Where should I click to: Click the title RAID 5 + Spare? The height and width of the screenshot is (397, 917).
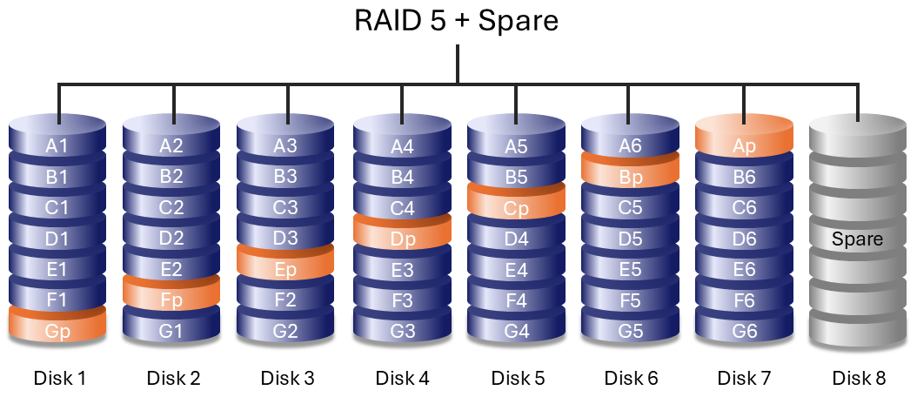[x=457, y=20]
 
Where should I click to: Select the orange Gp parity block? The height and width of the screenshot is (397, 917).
[x=57, y=331]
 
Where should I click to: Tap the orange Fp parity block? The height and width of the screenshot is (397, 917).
[x=171, y=300]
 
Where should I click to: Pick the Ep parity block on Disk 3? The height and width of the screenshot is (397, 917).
[x=285, y=270]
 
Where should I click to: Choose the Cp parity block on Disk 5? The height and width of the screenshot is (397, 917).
[x=516, y=209]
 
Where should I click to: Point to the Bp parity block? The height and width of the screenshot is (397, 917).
[x=630, y=178]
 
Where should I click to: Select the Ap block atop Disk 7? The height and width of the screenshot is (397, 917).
[x=744, y=146]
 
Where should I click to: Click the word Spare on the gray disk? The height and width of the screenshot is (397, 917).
[x=857, y=239]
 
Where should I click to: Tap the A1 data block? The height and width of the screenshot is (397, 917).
[x=57, y=146]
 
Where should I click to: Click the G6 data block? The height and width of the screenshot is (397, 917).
[x=744, y=331]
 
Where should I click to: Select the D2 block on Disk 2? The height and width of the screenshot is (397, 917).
[x=171, y=239]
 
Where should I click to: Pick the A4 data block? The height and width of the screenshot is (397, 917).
[x=401, y=146]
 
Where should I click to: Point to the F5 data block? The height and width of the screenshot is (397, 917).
[x=630, y=300]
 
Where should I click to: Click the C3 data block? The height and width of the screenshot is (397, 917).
[x=285, y=208]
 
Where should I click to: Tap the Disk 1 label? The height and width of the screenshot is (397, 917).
[x=59, y=378]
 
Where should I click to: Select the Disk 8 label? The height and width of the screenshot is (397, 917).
[x=858, y=378]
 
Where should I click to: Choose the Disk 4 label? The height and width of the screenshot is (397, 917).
[x=402, y=378]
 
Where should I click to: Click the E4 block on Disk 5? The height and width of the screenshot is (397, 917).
[x=516, y=270]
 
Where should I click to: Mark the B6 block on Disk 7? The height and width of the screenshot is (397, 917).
[x=744, y=178]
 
